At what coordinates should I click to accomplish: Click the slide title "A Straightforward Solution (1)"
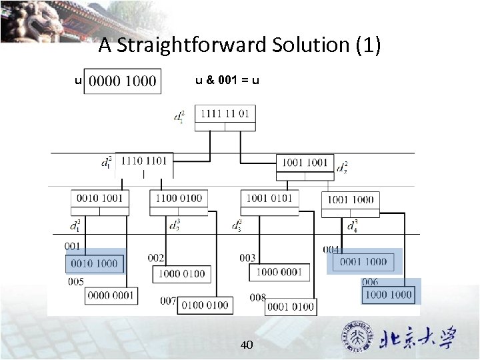click(x=239, y=45)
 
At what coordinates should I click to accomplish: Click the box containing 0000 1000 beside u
click(x=123, y=81)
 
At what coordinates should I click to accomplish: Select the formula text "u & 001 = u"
click(x=227, y=81)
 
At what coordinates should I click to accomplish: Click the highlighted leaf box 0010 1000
click(x=94, y=263)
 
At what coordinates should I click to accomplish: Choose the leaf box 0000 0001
click(x=111, y=295)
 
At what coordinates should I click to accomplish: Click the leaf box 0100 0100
click(x=204, y=305)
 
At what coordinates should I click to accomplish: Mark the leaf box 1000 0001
click(x=279, y=272)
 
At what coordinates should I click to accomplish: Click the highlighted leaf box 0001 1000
click(x=363, y=262)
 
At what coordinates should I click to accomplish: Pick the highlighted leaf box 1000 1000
click(x=389, y=294)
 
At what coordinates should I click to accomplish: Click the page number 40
click(x=246, y=345)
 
